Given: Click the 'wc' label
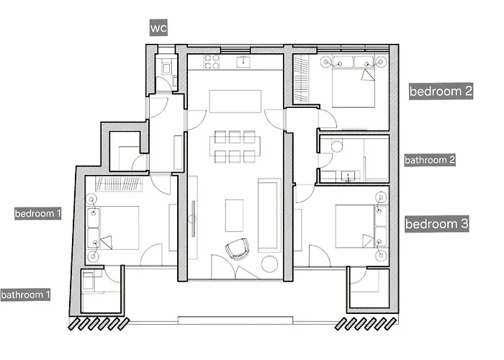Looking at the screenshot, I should point(158,28).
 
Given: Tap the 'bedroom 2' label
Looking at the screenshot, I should point(441,91).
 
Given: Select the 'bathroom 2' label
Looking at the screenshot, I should point(430,160).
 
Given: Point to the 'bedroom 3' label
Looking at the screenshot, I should point(437,224).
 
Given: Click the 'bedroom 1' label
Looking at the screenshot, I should point(38,214).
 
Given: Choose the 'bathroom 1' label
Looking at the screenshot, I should point(26,294).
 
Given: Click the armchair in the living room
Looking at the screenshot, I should point(235,250).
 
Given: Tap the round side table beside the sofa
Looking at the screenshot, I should point(270,264).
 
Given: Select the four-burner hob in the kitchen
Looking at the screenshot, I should point(212,62).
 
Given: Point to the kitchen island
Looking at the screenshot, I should point(235,100).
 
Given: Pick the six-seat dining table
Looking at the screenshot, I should point(234,147).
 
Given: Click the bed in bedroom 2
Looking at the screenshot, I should point(351,85).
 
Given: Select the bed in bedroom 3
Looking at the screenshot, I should point(354,225).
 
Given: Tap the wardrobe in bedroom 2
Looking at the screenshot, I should point(302,79).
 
